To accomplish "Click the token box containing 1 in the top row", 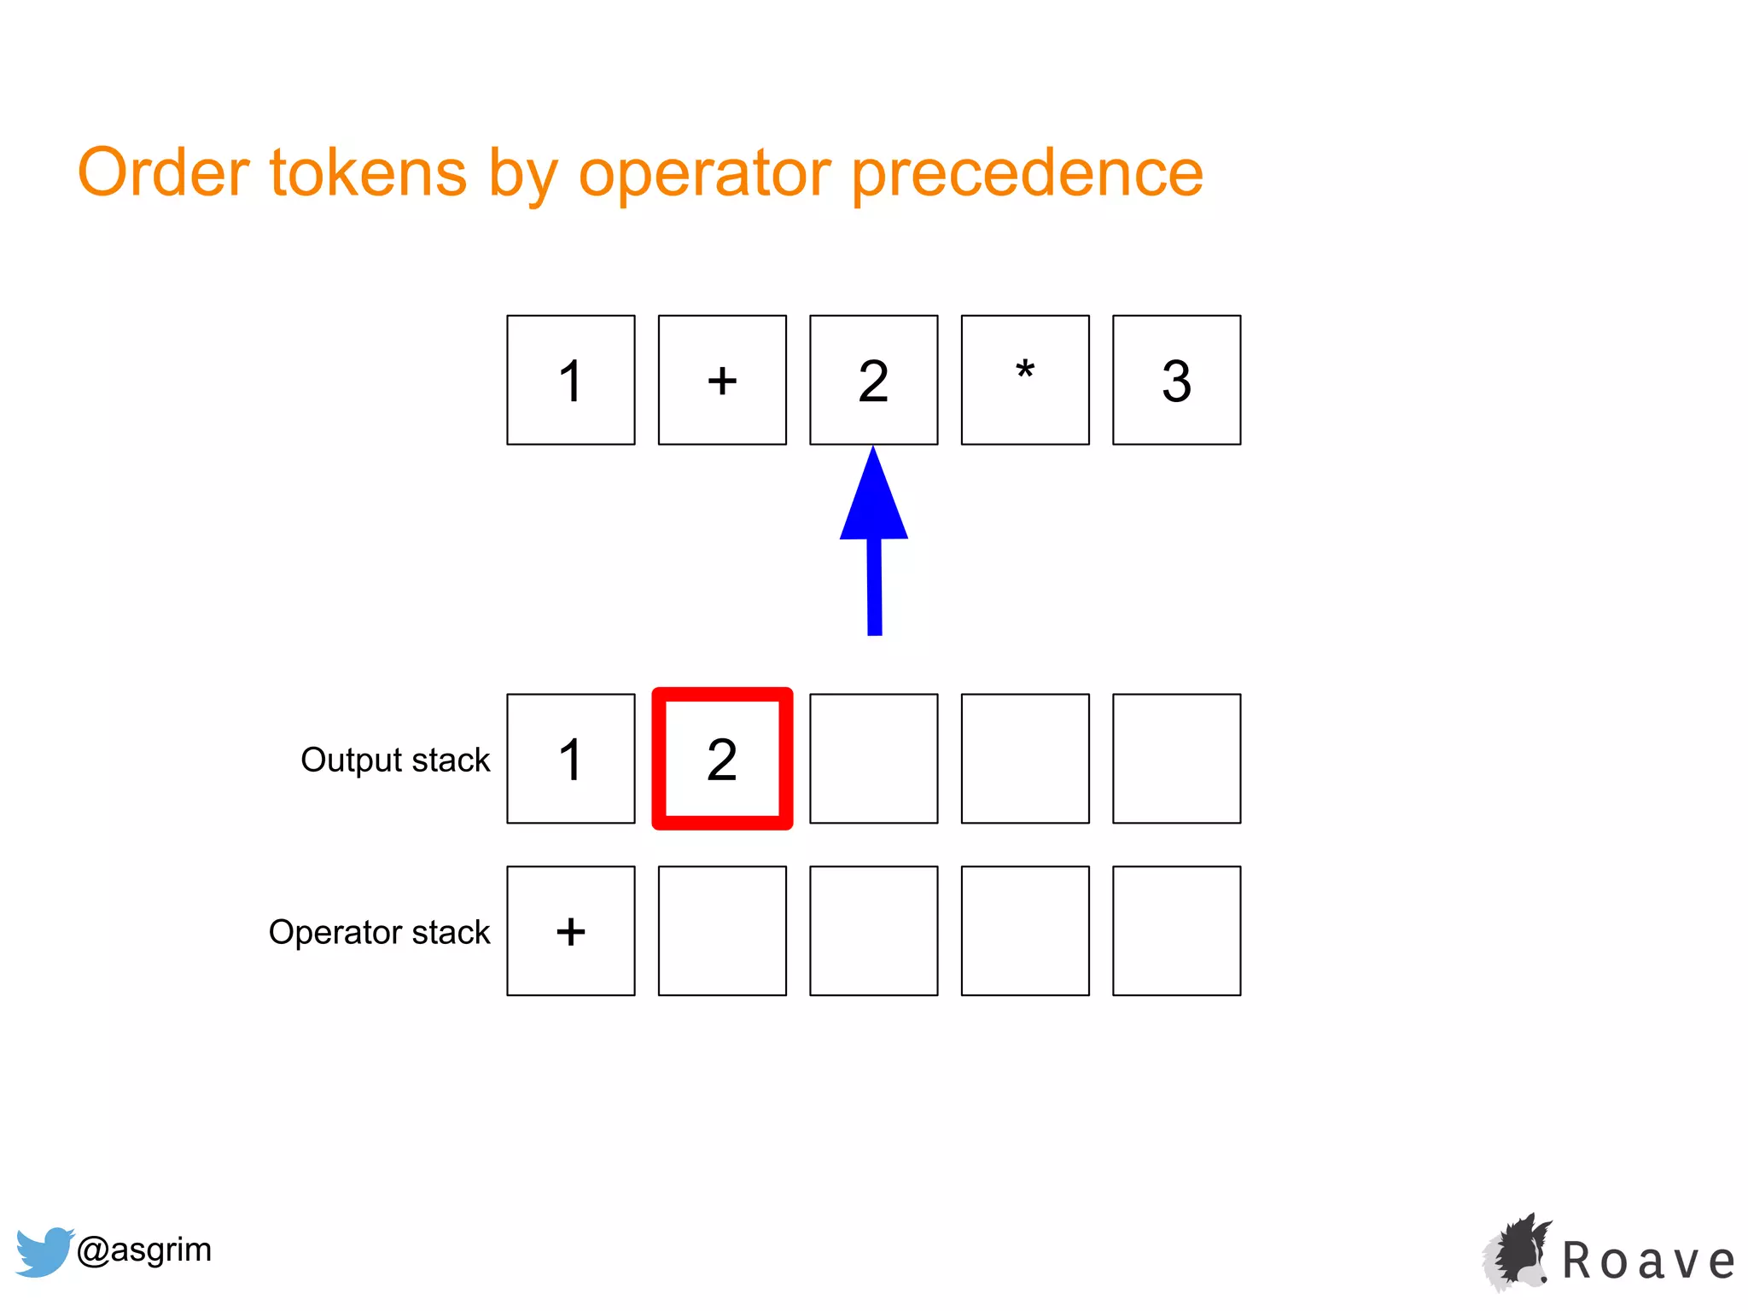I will [570, 380].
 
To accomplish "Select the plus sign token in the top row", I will [722, 380].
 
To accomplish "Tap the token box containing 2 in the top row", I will [873, 380].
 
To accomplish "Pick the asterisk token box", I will [1025, 380].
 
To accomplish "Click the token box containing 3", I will [1176, 380].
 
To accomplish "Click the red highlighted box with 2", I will [722, 759].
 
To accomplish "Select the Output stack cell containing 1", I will [570, 759].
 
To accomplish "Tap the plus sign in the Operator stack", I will [570, 931].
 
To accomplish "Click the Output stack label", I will [395, 760].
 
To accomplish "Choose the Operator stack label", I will [379, 932].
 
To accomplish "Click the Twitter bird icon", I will [43, 1251].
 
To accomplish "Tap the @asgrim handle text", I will [144, 1250].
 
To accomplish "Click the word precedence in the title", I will [1028, 173].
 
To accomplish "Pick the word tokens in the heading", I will [368, 173].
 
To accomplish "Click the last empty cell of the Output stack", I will [1176, 759].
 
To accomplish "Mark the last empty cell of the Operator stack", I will [1176, 931].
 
